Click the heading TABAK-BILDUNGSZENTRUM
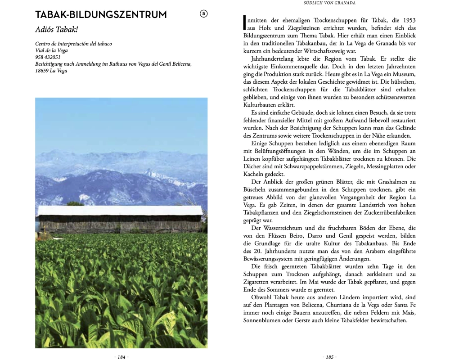point(101,15)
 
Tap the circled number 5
point(203,14)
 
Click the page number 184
point(121,357)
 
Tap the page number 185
point(329,357)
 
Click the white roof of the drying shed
point(120,210)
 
